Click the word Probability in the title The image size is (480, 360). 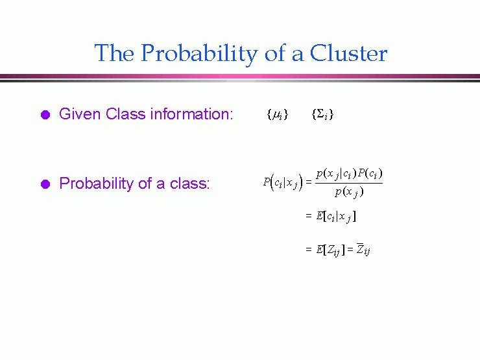[199, 54]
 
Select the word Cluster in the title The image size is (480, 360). [348, 53]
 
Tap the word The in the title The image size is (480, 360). [114, 53]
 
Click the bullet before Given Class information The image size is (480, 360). [45, 115]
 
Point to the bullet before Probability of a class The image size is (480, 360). [45, 184]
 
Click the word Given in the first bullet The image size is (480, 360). [80, 114]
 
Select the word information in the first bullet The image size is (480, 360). [190, 114]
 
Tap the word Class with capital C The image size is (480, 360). [125, 114]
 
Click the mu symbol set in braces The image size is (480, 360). [278, 115]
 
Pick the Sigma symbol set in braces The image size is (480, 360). [322, 115]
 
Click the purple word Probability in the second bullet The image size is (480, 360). [96, 184]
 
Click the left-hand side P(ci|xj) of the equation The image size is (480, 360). [283, 183]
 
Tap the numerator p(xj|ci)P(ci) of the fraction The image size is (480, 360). [349, 174]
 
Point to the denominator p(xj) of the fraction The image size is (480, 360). [349, 192]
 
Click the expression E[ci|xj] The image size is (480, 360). [336, 217]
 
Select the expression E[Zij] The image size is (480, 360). [330, 250]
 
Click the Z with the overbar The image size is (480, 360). [363, 250]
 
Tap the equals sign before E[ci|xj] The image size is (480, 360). [309, 216]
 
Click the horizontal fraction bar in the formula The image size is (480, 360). [349, 183]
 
